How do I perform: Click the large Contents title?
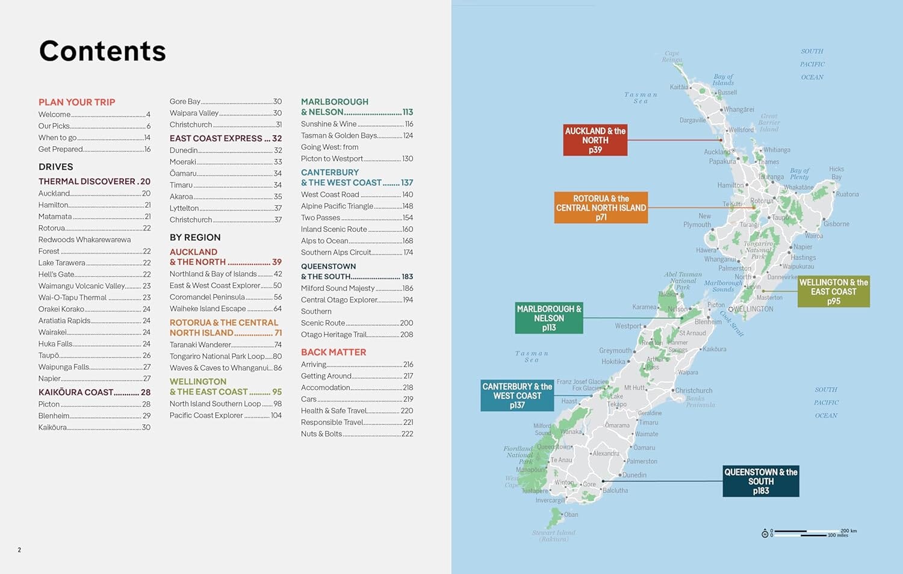click(x=102, y=51)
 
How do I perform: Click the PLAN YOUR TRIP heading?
click(x=76, y=102)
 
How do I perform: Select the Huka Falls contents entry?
click(x=55, y=344)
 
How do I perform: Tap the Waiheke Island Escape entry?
click(x=208, y=309)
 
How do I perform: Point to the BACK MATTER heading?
click(x=334, y=352)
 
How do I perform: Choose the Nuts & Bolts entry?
click(x=321, y=434)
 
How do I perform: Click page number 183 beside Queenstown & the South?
click(x=408, y=277)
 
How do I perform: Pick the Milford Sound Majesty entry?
click(x=338, y=288)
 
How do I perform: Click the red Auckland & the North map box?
click(x=595, y=140)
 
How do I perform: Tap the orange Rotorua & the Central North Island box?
click(x=601, y=208)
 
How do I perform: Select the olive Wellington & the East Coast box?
click(x=833, y=292)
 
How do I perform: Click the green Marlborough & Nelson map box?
click(x=548, y=318)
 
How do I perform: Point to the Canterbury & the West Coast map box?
click(x=517, y=396)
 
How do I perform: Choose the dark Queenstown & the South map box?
click(x=760, y=481)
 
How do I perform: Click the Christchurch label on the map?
click(x=694, y=390)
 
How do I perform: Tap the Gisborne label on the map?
click(x=836, y=224)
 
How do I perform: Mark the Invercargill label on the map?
click(x=550, y=501)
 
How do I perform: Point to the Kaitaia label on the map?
click(x=679, y=87)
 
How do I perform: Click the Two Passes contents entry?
click(x=320, y=218)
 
